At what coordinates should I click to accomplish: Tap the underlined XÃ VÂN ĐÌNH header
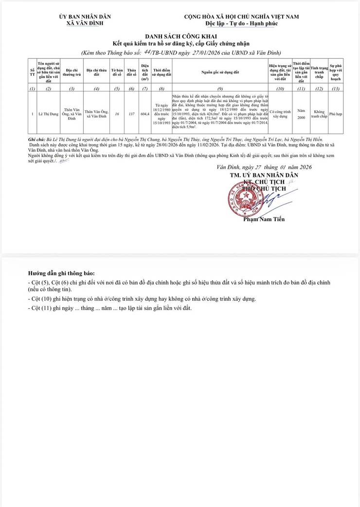pos(85,23)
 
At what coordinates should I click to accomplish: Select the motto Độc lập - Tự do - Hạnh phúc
pos(241,23)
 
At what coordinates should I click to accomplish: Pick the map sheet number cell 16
pos(117,114)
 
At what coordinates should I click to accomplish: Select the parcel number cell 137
pos(131,114)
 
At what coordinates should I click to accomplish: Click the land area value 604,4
pos(145,114)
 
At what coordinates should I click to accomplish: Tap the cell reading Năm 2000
pos(301,114)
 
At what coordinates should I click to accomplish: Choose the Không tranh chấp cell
pos(319,114)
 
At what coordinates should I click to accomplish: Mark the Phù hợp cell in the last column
pos(336,114)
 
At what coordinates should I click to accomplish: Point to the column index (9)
pos(220,89)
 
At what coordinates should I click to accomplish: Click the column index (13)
pos(336,89)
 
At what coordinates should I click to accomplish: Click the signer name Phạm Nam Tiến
pos(264,219)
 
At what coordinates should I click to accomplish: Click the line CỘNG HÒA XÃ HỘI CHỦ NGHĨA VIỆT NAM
pos(241,17)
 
